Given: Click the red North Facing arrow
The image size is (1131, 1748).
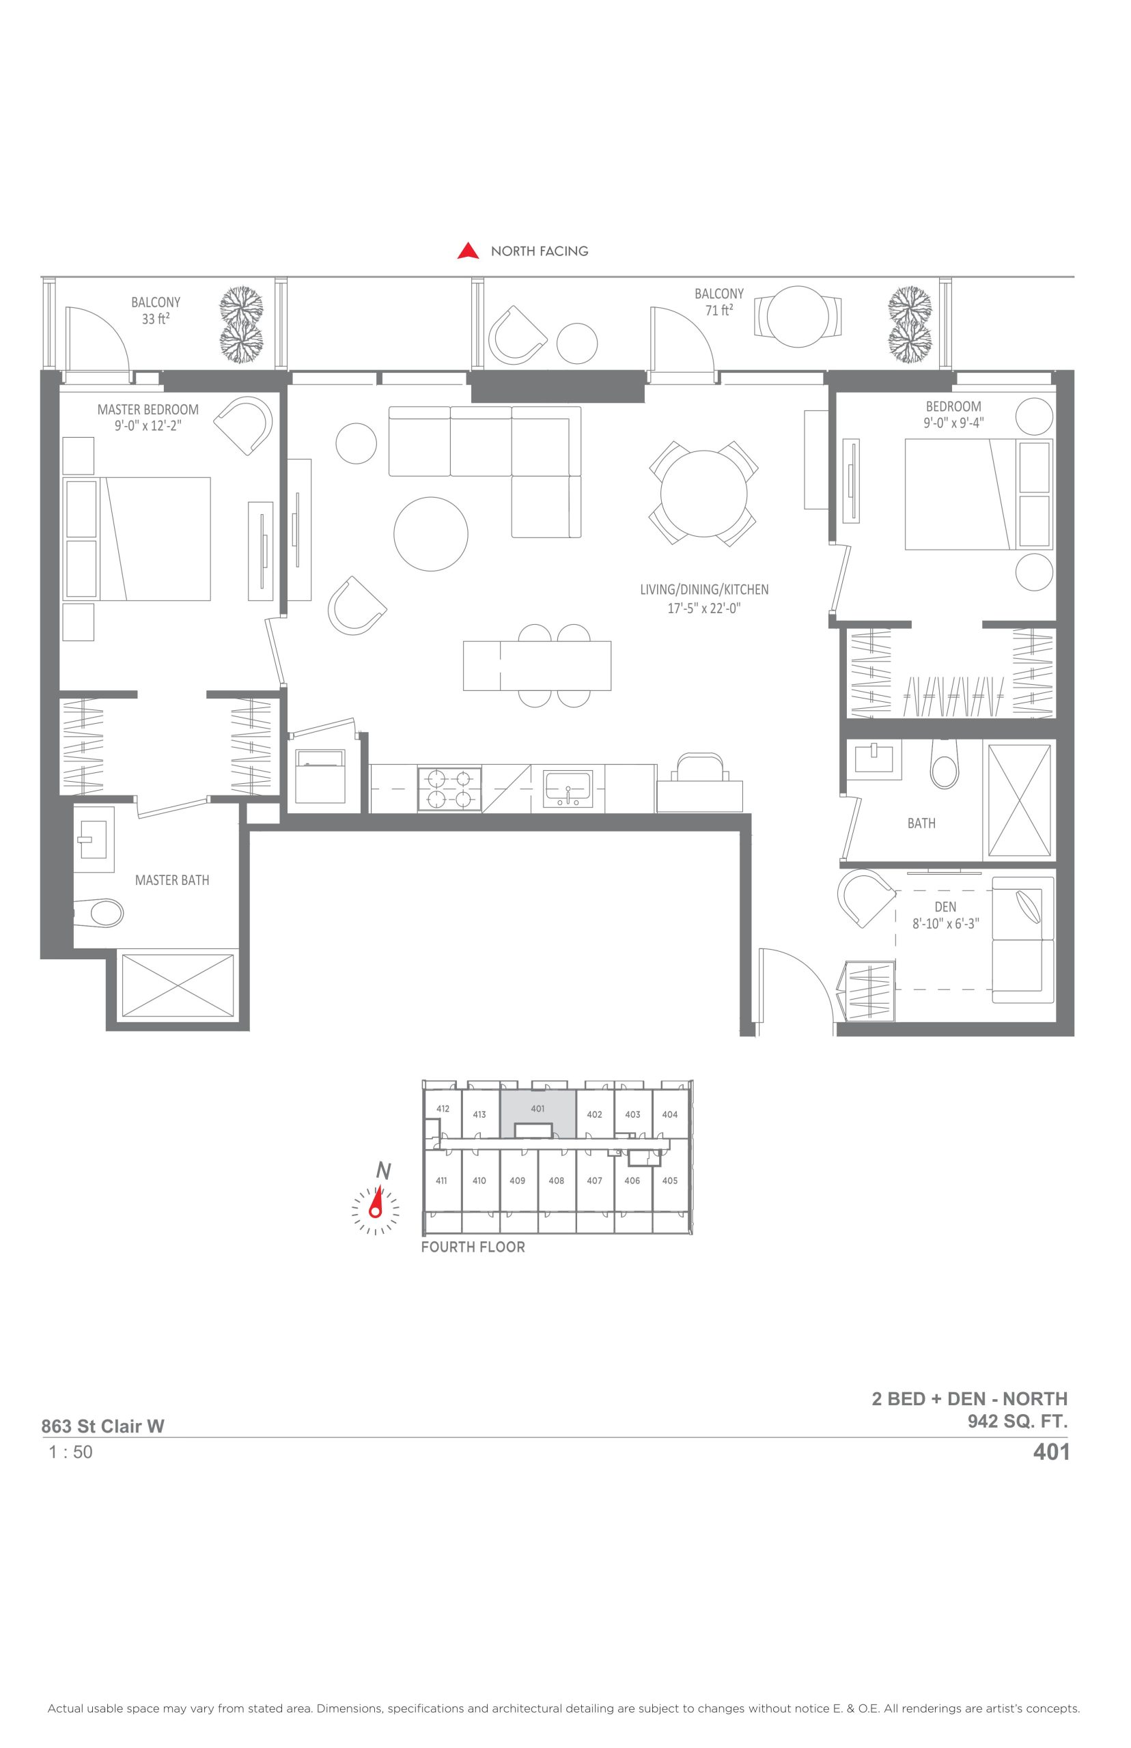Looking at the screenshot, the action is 468,251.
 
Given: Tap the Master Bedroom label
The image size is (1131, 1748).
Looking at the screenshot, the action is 148,410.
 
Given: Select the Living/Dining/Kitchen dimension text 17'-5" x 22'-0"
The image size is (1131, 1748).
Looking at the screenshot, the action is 703,608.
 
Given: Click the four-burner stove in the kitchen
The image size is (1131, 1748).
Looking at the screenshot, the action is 449,789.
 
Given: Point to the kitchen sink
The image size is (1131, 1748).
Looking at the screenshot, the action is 568,789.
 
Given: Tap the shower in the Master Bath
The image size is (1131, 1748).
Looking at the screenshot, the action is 177,986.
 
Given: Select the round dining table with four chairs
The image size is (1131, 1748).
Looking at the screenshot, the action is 703,494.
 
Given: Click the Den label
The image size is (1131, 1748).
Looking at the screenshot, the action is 945,907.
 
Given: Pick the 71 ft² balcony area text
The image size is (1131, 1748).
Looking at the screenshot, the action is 719,311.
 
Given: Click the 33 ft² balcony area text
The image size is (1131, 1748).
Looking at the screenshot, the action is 156,320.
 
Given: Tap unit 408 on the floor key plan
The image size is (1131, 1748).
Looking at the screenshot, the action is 556,1181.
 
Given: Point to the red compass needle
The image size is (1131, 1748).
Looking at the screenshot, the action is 377,1200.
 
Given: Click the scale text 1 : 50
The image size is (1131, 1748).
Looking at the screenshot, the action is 70,1452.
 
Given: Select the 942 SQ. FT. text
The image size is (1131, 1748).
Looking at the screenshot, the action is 1017,1422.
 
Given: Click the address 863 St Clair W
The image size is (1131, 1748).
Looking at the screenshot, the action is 103,1426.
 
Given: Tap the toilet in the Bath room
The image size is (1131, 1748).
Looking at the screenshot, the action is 945,763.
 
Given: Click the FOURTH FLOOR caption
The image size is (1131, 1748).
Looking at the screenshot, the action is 473,1247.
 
